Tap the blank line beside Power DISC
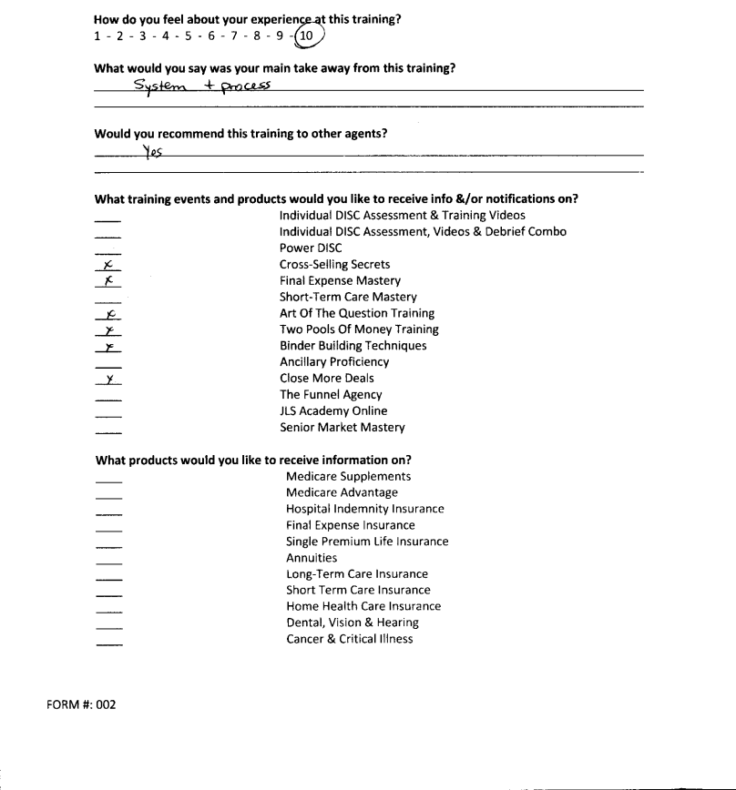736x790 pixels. pos(107,252)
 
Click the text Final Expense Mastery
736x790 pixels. pos(340,281)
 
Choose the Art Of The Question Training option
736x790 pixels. pos(356,313)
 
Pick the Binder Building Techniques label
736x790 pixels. pos(353,346)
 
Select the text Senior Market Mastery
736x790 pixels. pos(342,428)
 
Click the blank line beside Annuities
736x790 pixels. pos(107,562)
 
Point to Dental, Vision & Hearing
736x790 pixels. pos(352,623)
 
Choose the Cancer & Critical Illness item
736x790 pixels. pos(349,639)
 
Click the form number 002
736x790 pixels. pos(104,704)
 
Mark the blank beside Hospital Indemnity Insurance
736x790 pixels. pos(107,513)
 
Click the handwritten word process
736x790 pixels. pos(245,86)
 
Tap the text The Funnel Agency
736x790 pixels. pos(331,395)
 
